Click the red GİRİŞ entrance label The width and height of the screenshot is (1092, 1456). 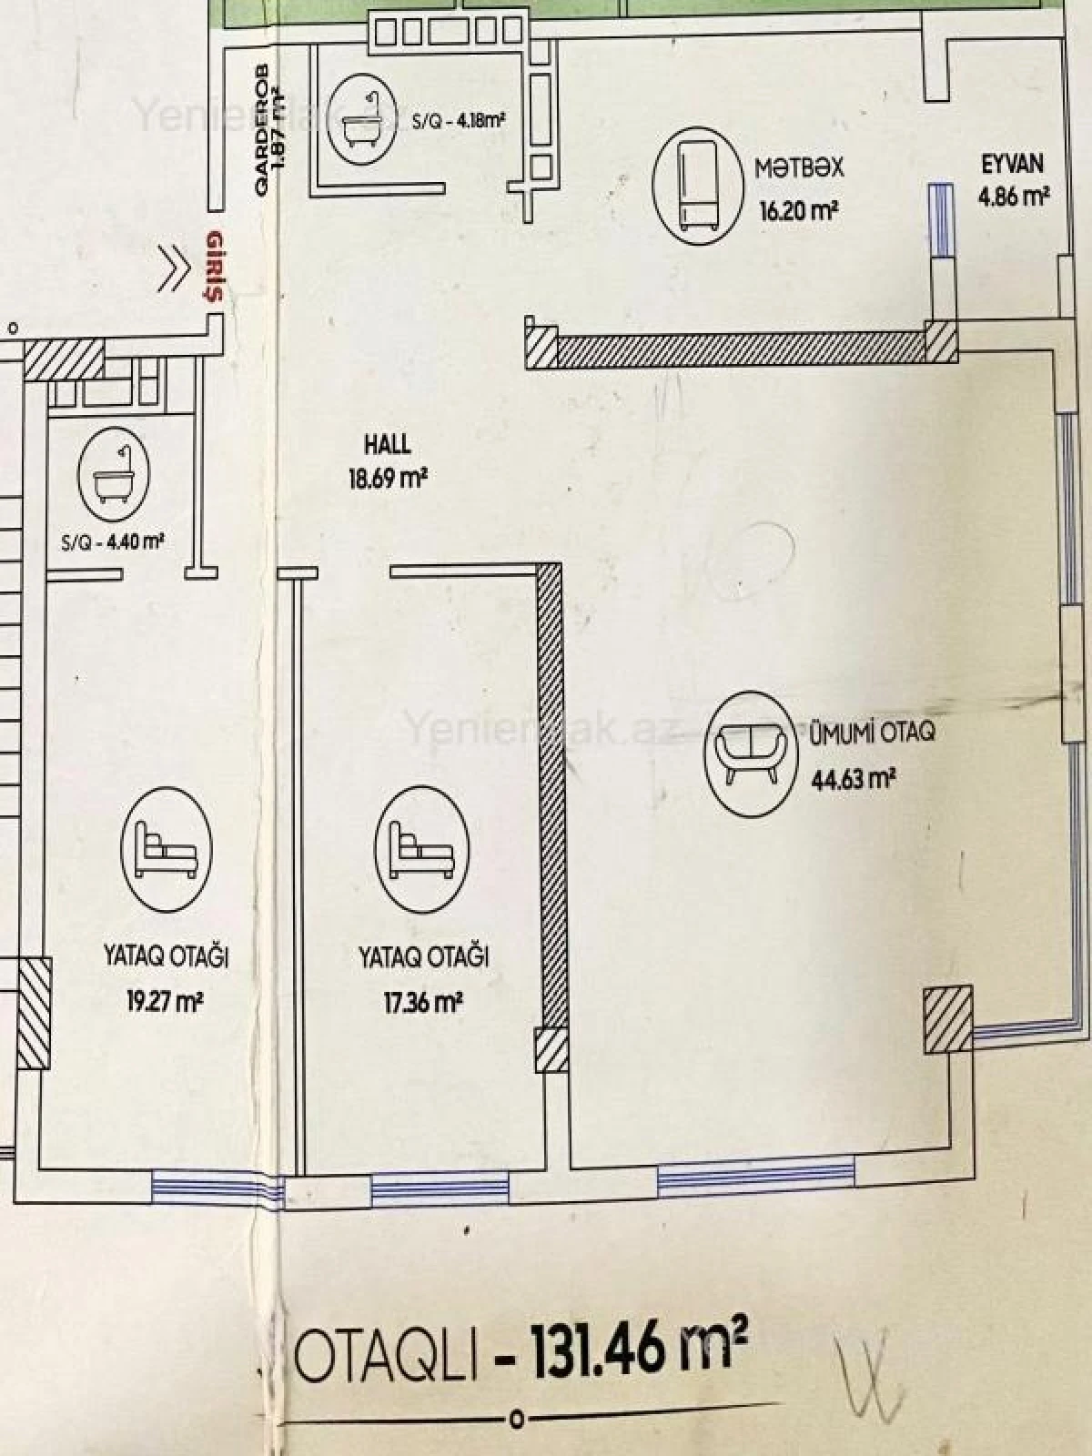[216, 265]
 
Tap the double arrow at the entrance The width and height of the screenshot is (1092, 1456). [174, 268]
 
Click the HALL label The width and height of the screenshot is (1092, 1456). [387, 445]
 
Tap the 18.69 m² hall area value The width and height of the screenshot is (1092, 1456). [388, 478]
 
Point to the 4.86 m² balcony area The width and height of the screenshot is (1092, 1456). [1013, 197]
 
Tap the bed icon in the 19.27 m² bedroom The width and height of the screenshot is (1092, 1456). [166, 845]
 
